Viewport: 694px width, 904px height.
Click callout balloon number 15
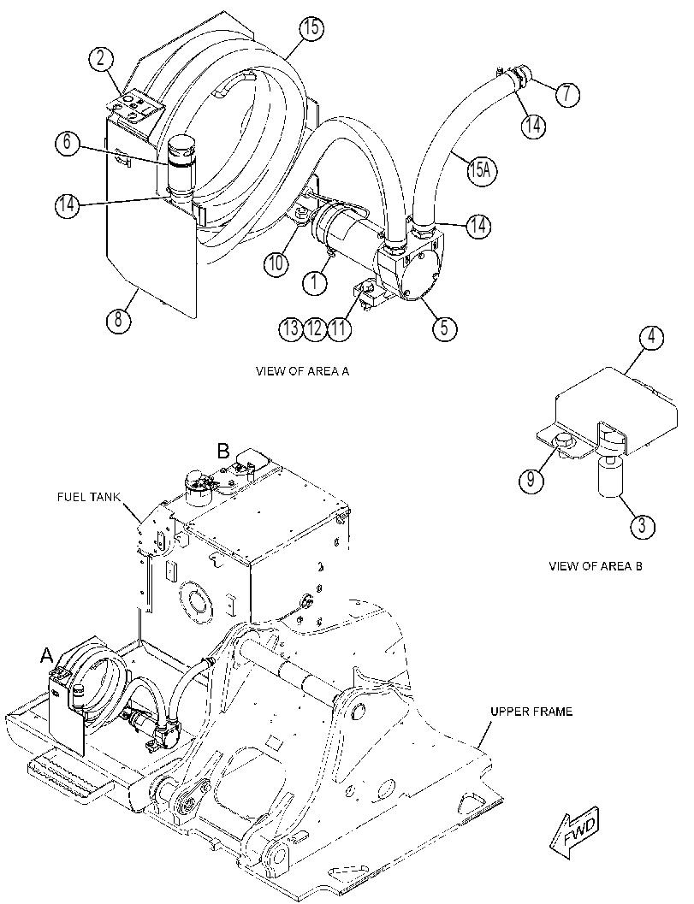click(311, 28)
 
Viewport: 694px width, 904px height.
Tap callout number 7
click(567, 93)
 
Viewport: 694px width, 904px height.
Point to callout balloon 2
click(100, 59)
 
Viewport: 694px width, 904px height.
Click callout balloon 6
click(68, 142)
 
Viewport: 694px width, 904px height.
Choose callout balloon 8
click(118, 317)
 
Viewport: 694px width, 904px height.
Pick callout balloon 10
click(276, 263)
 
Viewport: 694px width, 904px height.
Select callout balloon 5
click(444, 328)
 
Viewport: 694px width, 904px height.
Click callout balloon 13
click(291, 328)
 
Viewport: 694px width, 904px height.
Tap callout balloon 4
click(652, 337)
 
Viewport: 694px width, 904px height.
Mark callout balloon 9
click(531, 479)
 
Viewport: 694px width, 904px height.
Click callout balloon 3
click(643, 525)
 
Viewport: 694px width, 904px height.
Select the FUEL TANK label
click(89, 497)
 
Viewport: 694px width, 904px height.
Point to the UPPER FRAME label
click(531, 712)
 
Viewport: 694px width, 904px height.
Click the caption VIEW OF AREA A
click(302, 371)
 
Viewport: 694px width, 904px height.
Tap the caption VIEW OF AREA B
click(596, 566)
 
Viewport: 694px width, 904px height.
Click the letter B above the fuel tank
click(224, 450)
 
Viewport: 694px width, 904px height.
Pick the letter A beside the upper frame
click(47, 654)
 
